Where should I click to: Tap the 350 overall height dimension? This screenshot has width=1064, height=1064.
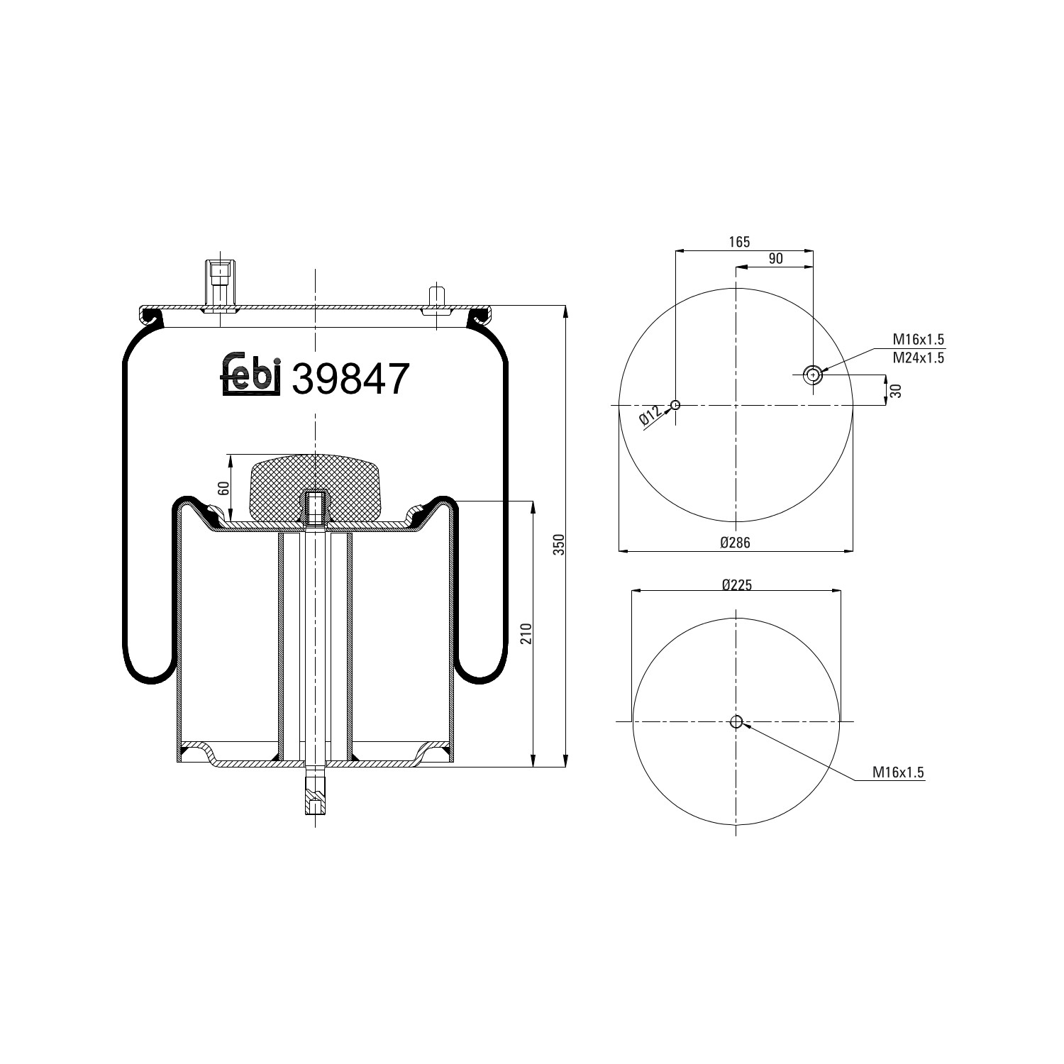(x=558, y=543)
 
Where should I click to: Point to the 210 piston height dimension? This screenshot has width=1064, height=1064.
(x=526, y=633)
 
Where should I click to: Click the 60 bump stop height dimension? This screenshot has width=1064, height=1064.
(x=223, y=488)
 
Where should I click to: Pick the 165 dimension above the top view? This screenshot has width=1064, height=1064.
(x=739, y=243)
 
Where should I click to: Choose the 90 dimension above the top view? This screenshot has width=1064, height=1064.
(x=775, y=259)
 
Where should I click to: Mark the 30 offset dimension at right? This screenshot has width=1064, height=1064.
(x=896, y=390)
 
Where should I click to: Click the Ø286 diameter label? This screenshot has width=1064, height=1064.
(x=735, y=543)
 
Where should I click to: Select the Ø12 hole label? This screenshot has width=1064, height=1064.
(x=650, y=416)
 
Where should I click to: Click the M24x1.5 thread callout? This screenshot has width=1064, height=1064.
(x=918, y=358)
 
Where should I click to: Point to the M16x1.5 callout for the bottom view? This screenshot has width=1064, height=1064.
(x=898, y=772)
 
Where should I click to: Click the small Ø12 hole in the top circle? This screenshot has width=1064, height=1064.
(x=675, y=405)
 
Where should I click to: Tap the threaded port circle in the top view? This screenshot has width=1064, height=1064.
(x=812, y=375)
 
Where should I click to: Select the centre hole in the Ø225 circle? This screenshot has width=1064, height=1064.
(x=736, y=722)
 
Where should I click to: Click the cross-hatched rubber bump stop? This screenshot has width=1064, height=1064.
(x=314, y=489)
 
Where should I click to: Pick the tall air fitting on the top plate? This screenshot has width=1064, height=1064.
(x=220, y=284)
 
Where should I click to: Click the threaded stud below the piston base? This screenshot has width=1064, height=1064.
(x=314, y=797)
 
